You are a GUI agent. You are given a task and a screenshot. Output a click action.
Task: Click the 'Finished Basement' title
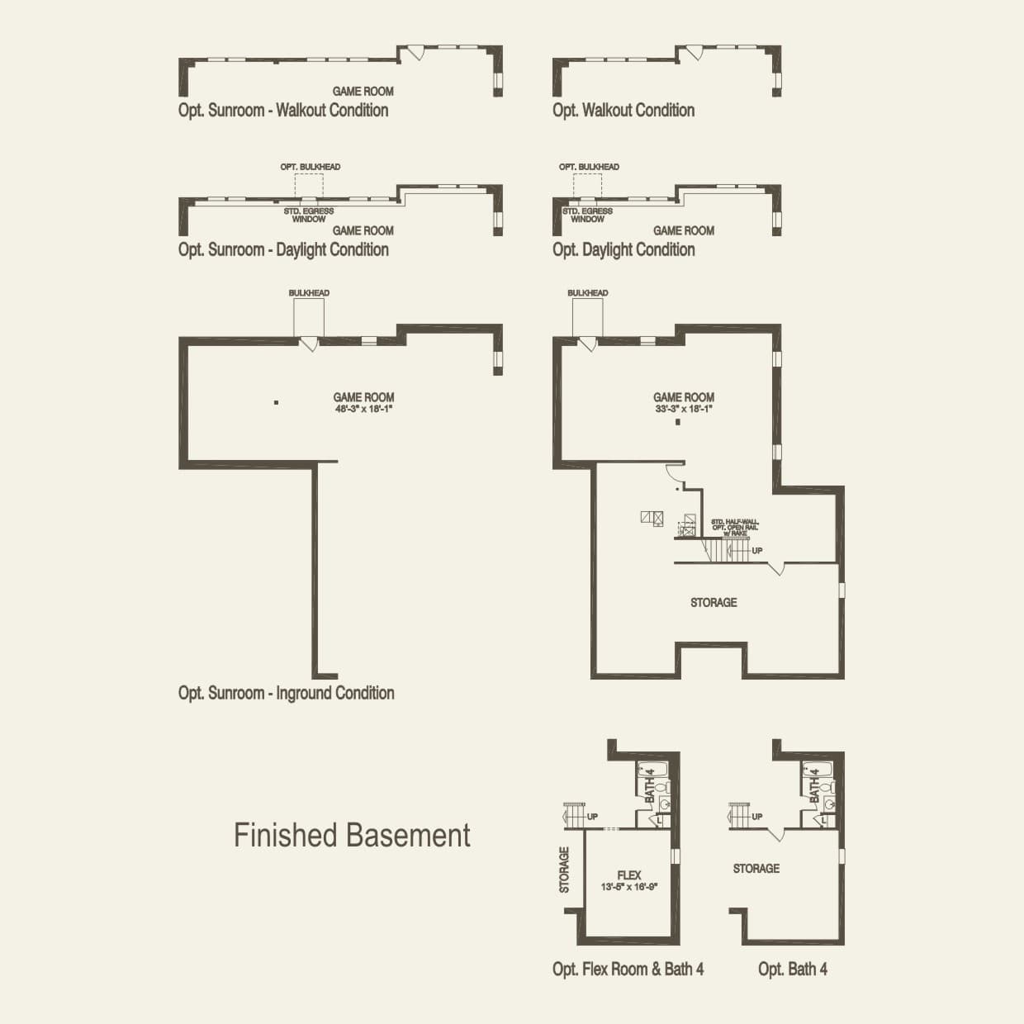pos(352,835)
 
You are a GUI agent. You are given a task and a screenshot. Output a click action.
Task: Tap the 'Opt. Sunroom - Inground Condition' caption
pos(286,693)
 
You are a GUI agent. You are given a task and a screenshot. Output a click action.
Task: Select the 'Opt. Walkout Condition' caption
pos(623,110)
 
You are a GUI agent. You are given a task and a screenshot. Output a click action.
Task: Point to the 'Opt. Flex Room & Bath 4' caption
pos(628,969)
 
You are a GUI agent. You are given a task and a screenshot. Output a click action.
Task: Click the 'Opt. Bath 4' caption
pos(793,969)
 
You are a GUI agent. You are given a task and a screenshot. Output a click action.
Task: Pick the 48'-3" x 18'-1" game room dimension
pos(363,408)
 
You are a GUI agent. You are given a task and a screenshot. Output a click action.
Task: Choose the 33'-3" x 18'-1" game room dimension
pos(684,408)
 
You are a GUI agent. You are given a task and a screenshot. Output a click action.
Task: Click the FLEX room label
pos(629,875)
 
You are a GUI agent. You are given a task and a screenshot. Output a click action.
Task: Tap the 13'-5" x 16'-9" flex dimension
pos(629,887)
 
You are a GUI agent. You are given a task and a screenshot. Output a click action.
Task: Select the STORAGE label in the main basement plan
pos(713,603)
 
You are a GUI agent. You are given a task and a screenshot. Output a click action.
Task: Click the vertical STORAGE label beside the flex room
pos(565,870)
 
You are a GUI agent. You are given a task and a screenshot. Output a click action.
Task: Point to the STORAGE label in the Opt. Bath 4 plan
pos(756,869)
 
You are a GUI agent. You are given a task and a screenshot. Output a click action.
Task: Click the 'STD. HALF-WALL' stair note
pos(734,523)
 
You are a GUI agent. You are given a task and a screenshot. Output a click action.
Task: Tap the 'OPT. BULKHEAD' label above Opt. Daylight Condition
pos(589,167)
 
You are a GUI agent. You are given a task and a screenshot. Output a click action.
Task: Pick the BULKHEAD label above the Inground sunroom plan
pos(309,293)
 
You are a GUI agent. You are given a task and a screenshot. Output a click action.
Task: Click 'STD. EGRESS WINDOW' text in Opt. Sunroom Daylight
pos(309,215)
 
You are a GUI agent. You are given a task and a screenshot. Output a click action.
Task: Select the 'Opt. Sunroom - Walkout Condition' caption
pos(283,110)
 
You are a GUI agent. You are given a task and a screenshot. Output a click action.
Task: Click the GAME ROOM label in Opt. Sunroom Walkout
pos(363,91)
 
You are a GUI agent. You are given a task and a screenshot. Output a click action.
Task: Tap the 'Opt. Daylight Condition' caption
pos(623,249)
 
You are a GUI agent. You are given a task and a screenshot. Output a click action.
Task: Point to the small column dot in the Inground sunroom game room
pos(277,403)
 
